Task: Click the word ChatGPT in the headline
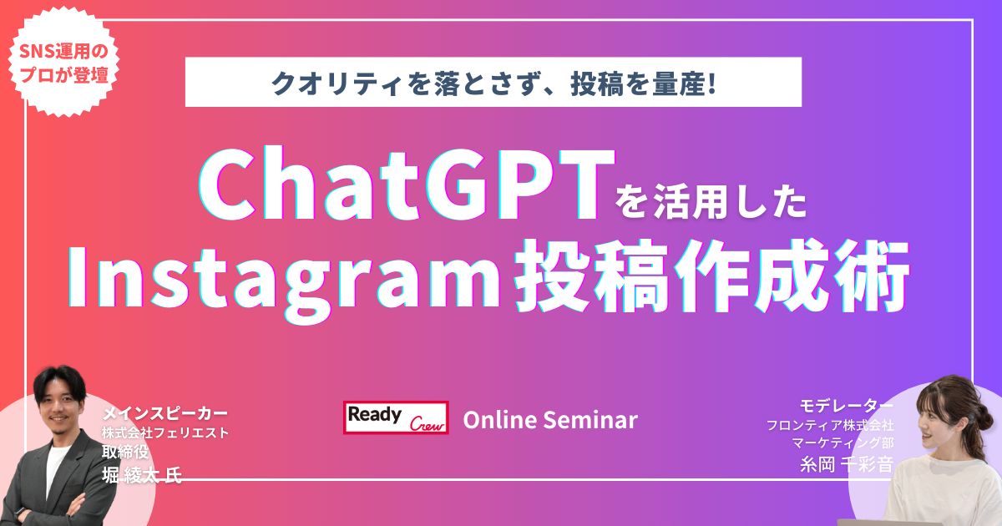coord(406,184)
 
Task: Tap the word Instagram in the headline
coord(283,280)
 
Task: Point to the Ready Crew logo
coord(396,417)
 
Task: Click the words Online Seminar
coord(550,420)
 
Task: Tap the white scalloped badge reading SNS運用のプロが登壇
coord(63,63)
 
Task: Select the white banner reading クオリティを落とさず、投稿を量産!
coord(493,82)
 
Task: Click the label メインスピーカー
coord(165,413)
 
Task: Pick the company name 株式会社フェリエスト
coord(165,433)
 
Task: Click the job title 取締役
coord(125,452)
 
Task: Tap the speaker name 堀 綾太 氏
coord(142,475)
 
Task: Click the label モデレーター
coord(846,406)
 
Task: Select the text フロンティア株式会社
coord(830,425)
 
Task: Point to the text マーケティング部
coord(843,443)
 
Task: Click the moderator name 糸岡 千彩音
coord(847,465)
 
